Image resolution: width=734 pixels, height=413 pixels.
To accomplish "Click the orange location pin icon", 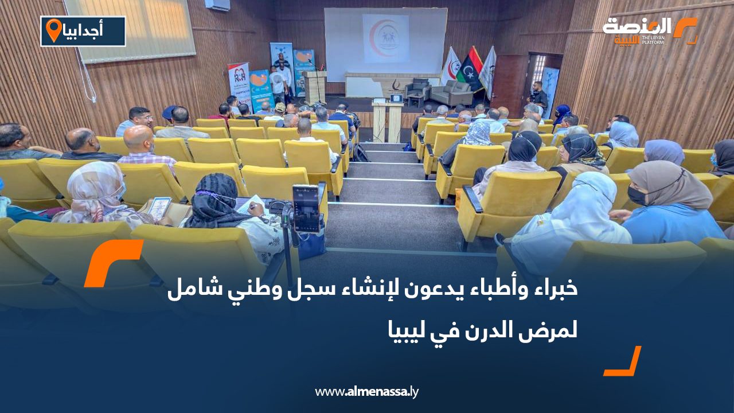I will tap(54, 30).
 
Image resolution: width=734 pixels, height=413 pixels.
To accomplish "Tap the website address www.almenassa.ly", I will tap(367, 392).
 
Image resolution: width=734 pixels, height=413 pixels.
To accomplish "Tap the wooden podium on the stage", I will tap(315, 87).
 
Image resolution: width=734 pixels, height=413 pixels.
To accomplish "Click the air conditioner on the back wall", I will tap(217, 5).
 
